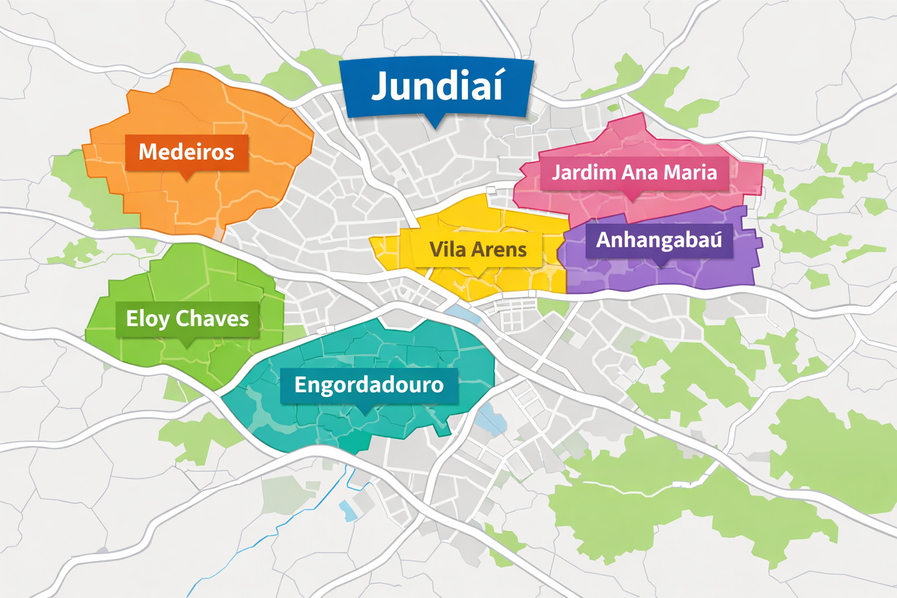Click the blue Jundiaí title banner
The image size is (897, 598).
[x=437, y=88]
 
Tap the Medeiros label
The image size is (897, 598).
[x=186, y=152]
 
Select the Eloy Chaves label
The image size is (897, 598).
[x=187, y=319]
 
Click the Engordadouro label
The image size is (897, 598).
[x=368, y=385]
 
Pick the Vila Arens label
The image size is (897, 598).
[x=478, y=250]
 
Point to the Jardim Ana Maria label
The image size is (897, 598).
[x=634, y=172]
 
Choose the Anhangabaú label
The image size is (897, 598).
[x=659, y=240]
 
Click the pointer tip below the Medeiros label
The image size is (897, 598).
[x=186, y=178]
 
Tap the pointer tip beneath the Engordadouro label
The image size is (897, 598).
[x=366, y=413]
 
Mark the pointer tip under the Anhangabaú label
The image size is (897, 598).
[x=660, y=266]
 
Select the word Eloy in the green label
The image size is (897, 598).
[x=148, y=319]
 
